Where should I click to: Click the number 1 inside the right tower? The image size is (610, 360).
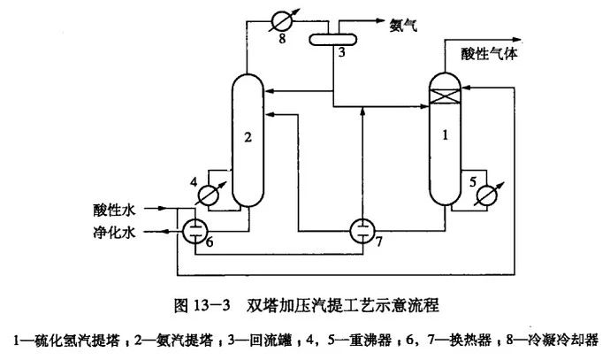pos(446,134)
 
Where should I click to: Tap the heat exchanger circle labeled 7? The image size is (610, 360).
pos(361,230)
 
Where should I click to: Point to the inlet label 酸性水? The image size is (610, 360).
pos(115,210)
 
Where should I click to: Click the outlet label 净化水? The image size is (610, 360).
pos(115,234)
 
